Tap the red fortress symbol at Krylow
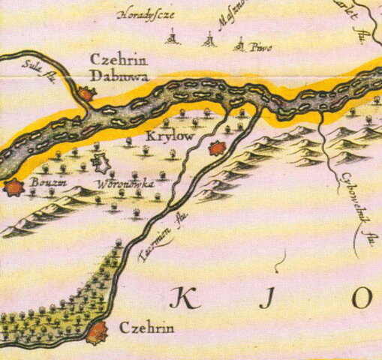pos(217,148)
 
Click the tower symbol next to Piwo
pos(242,46)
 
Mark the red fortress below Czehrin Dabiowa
pos(86,94)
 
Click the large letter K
pos(179,298)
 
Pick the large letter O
pos(362,298)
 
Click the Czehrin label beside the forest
pos(147,328)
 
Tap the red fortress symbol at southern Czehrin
pos(97,332)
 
